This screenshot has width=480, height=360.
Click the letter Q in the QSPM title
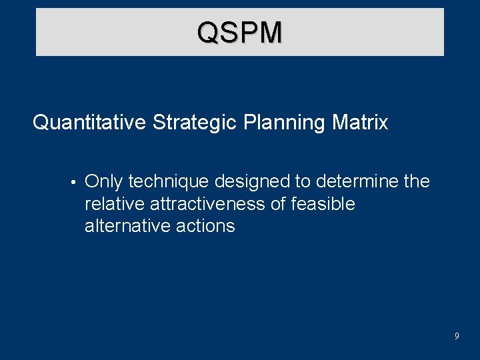click(208, 33)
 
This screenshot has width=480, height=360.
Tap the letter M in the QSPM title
click(270, 33)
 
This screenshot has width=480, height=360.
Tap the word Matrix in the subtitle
click(363, 123)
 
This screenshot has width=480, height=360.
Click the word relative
click(111, 204)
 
